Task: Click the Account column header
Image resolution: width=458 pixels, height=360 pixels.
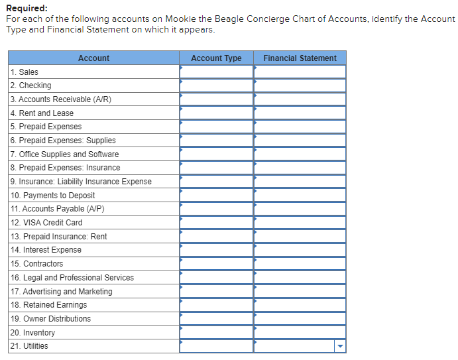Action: click(x=93, y=58)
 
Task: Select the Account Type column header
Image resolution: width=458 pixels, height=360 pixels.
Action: click(x=216, y=58)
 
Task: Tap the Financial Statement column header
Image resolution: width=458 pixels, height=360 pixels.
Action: click(x=300, y=58)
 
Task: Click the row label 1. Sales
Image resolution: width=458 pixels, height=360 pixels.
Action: click(x=25, y=72)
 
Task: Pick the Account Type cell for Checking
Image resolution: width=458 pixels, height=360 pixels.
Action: click(x=216, y=86)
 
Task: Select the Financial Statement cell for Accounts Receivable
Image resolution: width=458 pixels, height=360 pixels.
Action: click(x=300, y=99)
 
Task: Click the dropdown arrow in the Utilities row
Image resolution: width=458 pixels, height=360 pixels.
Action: click(x=340, y=346)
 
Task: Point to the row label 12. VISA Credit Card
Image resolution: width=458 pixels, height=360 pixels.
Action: click(x=46, y=223)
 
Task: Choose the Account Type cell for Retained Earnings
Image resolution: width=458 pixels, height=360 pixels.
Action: click(x=216, y=305)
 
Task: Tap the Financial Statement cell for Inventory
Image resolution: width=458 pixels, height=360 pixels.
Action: click(x=300, y=332)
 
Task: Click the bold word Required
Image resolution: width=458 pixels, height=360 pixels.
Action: click(x=27, y=9)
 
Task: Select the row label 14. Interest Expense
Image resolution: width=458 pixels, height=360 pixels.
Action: click(x=46, y=250)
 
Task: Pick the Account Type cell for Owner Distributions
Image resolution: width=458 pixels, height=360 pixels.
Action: click(x=216, y=319)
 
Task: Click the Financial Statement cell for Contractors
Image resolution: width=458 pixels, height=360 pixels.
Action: click(x=300, y=264)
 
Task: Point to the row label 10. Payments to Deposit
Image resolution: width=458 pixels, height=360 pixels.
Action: click(x=52, y=196)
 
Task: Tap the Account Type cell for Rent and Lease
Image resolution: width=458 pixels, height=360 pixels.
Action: click(x=216, y=113)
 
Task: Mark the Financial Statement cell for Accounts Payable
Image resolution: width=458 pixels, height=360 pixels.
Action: click(x=300, y=209)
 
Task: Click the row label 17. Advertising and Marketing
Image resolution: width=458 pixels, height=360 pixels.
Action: click(x=61, y=292)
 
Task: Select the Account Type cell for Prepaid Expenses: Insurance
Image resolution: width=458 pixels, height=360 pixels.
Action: click(x=216, y=168)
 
